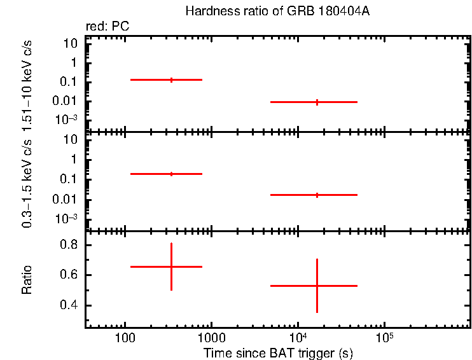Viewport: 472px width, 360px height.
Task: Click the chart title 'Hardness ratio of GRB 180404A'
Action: click(277, 11)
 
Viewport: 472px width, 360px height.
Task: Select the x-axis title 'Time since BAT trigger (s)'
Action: click(278, 352)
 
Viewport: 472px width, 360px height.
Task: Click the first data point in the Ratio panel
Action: click(171, 267)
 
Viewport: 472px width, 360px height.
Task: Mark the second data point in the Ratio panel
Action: click(317, 286)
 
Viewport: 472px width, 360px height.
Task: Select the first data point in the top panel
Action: click(171, 80)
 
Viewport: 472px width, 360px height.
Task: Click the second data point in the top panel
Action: click(317, 102)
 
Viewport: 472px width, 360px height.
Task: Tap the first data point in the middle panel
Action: click(171, 174)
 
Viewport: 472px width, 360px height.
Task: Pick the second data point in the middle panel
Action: click(317, 195)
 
